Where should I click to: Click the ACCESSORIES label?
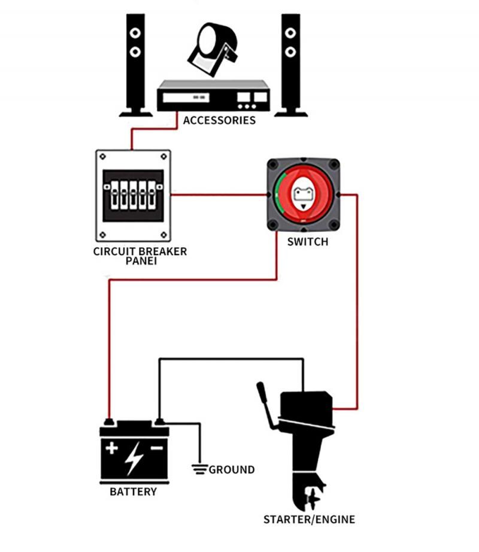219,120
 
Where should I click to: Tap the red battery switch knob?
302,195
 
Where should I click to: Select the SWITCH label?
308,242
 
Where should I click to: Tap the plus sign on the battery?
112,448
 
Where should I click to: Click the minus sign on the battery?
157,448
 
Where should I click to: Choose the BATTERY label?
133,492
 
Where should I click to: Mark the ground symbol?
199,468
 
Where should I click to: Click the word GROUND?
232,469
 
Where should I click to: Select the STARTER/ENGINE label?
309,519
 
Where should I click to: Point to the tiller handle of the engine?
266,405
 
